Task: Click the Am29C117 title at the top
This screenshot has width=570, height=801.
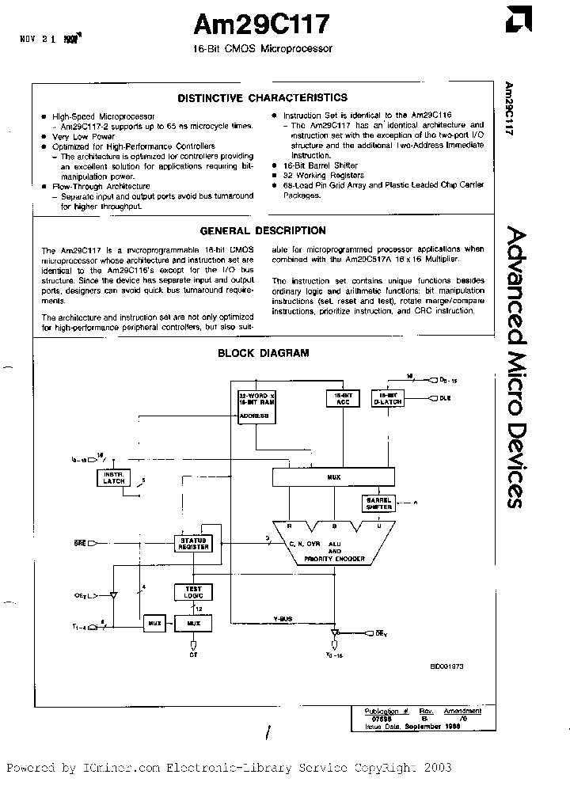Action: [260, 25]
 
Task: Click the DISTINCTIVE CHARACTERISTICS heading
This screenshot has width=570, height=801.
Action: [262, 98]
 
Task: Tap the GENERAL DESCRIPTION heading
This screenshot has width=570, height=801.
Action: [262, 231]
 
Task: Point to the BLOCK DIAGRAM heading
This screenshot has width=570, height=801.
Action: [264, 354]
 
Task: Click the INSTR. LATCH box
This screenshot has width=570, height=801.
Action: [114, 477]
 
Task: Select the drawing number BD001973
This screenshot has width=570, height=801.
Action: [446, 667]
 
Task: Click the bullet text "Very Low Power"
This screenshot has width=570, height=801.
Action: [78, 136]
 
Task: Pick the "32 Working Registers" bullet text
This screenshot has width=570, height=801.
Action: [324, 175]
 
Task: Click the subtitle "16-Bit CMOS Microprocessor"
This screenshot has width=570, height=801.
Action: [262, 48]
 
